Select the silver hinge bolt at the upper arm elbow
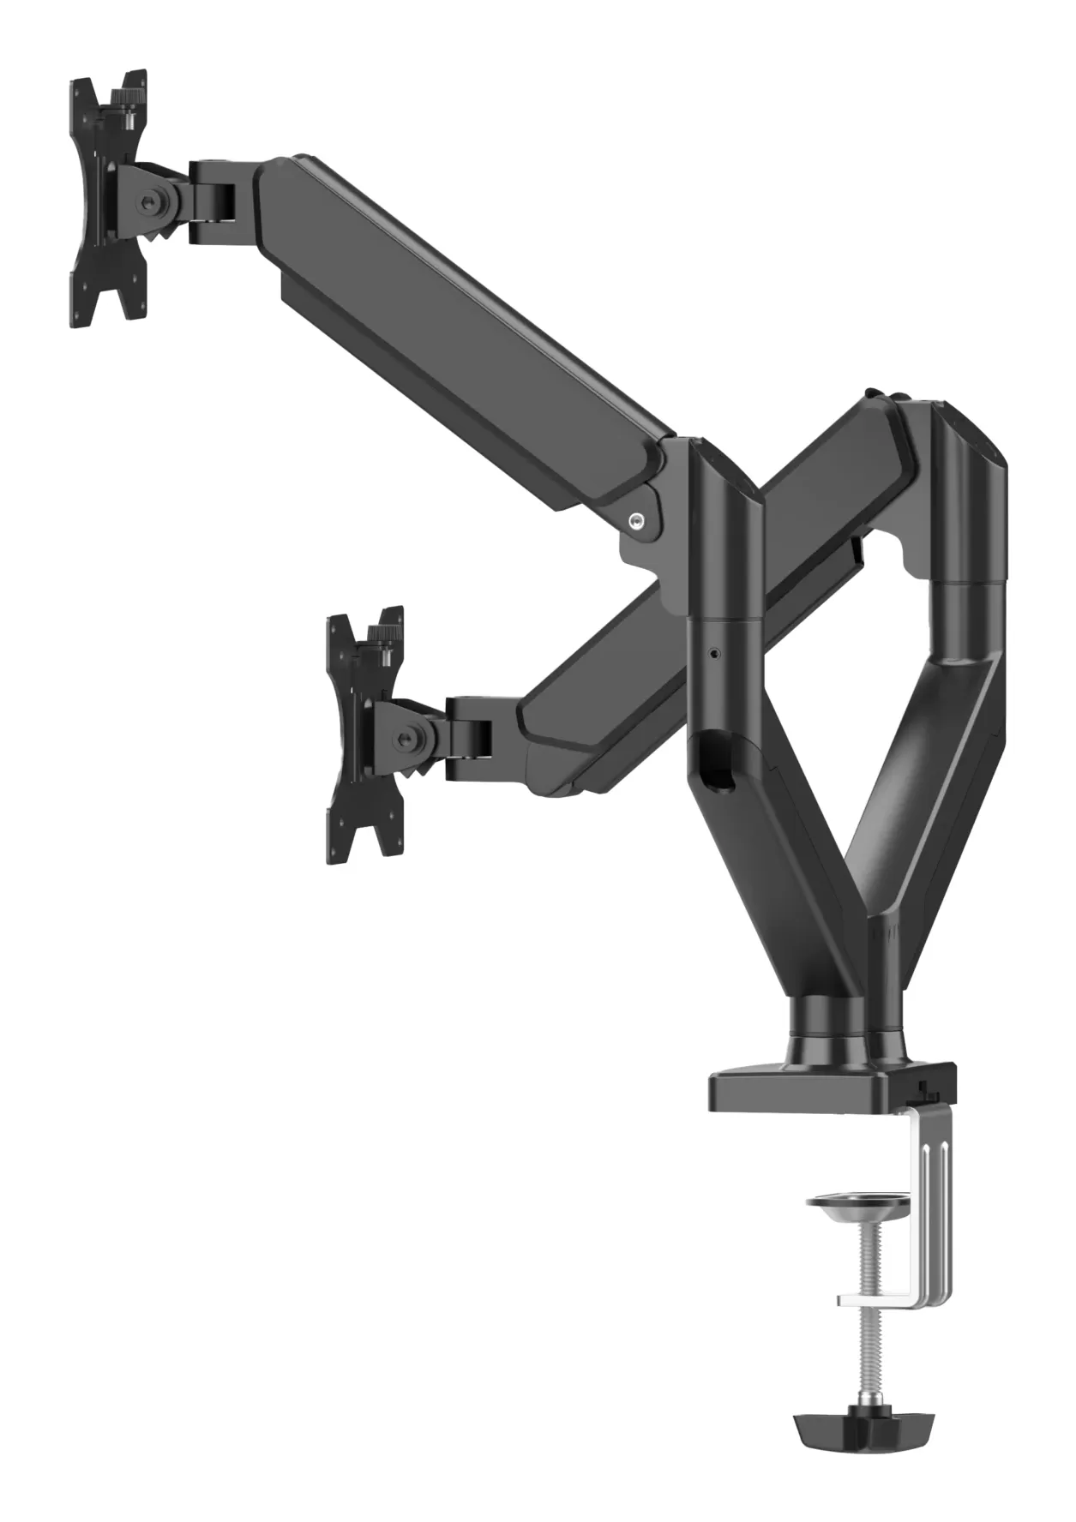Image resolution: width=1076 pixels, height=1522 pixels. coord(635,519)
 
